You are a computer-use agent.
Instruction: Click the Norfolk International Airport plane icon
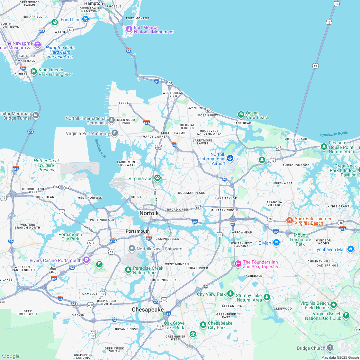230,158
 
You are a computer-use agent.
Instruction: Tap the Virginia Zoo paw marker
157,178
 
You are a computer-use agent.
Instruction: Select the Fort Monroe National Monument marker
129,29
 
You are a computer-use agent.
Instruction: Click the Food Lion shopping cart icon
85,19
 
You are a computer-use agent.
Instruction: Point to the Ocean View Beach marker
241,114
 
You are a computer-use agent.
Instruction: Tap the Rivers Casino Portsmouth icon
86,260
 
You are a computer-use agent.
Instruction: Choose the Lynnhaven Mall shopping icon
350,249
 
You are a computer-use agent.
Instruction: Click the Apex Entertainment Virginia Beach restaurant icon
289,221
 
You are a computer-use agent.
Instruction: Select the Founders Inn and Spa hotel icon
238,264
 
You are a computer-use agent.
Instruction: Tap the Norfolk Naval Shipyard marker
131,248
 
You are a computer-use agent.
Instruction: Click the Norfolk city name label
149,213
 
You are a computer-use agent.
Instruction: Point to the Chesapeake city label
148,310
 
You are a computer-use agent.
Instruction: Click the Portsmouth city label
137,231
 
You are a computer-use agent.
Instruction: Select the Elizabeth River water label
101,148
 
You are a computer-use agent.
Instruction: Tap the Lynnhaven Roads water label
334,134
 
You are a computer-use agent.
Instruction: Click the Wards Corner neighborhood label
155,137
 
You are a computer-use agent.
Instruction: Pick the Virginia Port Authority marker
115,133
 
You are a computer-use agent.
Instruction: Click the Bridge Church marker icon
330,347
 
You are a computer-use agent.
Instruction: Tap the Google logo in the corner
11,356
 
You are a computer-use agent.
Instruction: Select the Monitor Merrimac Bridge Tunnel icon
36,115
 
